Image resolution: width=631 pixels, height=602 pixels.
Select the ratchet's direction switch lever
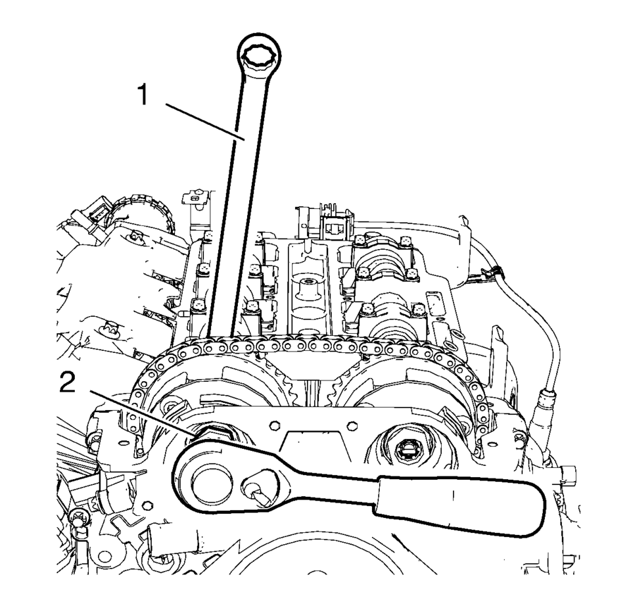257,491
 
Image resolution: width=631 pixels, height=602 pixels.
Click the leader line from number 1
205,122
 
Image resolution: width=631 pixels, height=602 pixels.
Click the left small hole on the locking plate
274,425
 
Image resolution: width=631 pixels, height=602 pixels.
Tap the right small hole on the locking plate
352,425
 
